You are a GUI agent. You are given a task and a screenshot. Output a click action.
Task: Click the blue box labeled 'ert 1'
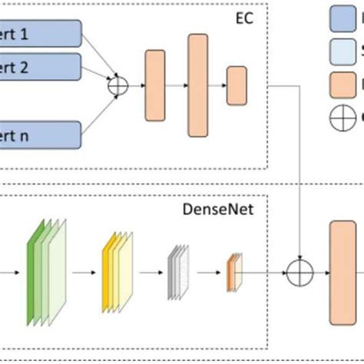[x=42, y=33]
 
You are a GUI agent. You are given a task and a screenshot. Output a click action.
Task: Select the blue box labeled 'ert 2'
[x=42, y=66]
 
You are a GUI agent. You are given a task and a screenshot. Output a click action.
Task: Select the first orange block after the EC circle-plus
[x=154, y=86]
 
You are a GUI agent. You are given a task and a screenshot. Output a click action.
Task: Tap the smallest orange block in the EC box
[x=236, y=86]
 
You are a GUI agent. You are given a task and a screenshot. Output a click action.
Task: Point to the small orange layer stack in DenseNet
[x=233, y=272]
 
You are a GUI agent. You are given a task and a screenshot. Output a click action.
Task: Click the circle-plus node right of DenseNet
[x=299, y=272]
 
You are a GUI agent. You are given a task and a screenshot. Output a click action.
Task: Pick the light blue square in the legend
[x=342, y=51]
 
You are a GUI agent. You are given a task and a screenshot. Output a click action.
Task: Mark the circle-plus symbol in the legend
[x=342, y=117]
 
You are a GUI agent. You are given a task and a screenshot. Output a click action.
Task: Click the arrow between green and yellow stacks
[x=83, y=272]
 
